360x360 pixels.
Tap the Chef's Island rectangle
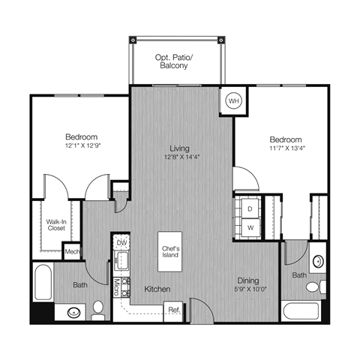(x=169, y=253)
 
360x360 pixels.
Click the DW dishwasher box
(x=121, y=243)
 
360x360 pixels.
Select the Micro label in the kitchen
(x=117, y=286)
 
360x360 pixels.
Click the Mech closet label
(x=72, y=253)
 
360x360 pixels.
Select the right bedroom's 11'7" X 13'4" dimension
(x=285, y=148)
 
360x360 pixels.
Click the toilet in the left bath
(x=98, y=307)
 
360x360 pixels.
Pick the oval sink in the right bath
(x=318, y=262)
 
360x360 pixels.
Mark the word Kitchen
(x=157, y=289)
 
